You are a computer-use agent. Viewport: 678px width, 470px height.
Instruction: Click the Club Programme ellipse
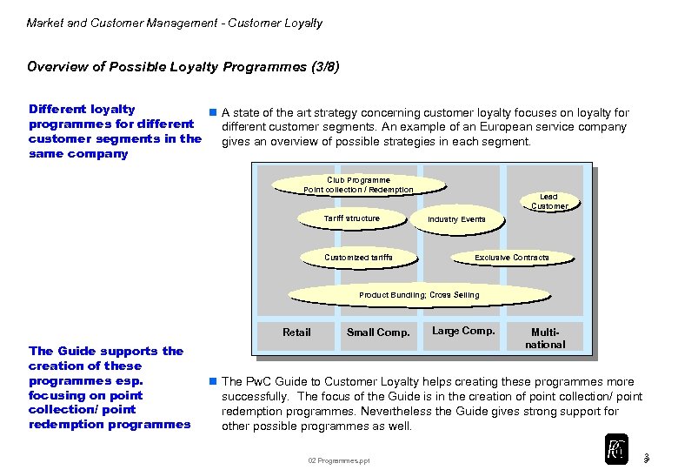pyautogui.click(x=358, y=185)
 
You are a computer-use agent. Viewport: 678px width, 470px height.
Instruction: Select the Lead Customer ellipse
pyautogui.click(x=548, y=201)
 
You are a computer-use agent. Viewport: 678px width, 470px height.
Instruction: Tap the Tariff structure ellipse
pyautogui.click(x=351, y=218)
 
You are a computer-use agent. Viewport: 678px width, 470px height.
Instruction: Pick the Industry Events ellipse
pyautogui.click(x=456, y=219)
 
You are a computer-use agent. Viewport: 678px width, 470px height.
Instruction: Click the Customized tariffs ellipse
pyautogui.click(x=358, y=258)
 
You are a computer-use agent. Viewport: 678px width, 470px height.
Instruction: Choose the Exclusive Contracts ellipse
pyautogui.click(x=511, y=258)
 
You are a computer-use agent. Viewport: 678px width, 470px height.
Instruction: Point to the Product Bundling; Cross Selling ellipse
pyautogui.click(x=419, y=295)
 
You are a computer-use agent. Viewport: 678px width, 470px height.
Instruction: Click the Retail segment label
pyautogui.click(x=296, y=332)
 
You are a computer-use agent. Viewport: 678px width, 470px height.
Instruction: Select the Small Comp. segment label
pyautogui.click(x=378, y=332)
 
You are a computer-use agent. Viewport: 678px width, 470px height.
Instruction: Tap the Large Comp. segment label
pyautogui.click(x=463, y=331)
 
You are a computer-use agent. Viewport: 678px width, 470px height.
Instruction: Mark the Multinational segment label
pyautogui.click(x=546, y=338)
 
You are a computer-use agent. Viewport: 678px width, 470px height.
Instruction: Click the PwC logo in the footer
pyautogui.click(x=615, y=447)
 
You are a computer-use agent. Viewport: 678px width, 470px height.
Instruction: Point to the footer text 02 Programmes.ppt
pyautogui.click(x=338, y=460)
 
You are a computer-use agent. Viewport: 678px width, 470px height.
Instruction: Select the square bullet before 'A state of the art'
pyautogui.click(x=211, y=113)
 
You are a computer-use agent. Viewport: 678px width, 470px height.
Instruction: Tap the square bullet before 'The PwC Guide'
pyautogui.click(x=211, y=382)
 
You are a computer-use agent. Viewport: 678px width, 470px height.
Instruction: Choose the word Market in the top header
pyautogui.click(x=44, y=23)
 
